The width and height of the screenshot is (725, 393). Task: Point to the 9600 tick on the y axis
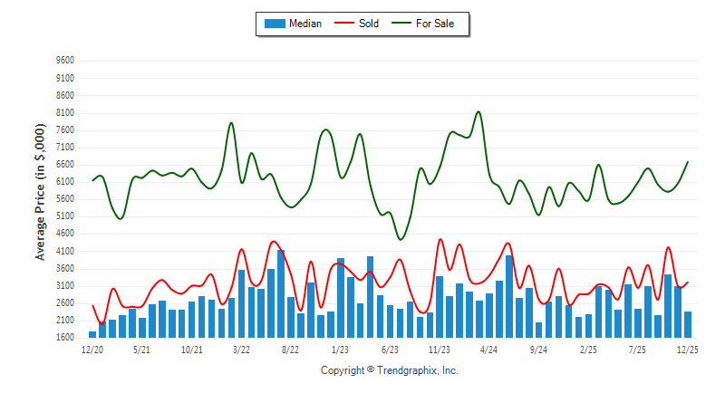click(x=64, y=61)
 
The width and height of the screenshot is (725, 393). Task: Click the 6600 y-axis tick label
click(x=64, y=164)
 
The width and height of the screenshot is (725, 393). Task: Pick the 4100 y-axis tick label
click(x=64, y=251)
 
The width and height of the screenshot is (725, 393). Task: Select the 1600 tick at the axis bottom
click(x=64, y=337)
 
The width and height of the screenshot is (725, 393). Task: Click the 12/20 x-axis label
click(x=92, y=349)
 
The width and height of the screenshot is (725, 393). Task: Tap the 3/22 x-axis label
click(x=241, y=349)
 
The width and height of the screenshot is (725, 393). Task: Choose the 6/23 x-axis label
click(x=391, y=349)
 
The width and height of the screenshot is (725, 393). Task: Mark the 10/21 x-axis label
click(x=191, y=349)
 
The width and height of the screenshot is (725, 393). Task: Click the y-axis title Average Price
click(x=41, y=199)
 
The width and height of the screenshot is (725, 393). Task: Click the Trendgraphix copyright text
click(x=390, y=370)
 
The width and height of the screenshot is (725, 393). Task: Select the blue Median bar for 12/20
click(x=92, y=334)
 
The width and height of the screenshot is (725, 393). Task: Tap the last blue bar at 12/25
click(x=688, y=324)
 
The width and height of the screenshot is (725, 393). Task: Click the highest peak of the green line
click(x=478, y=112)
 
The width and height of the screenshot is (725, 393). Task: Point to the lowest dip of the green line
click(x=401, y=239)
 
